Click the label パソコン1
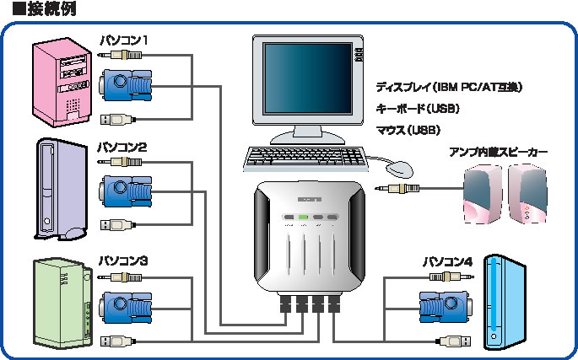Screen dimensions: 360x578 coord(124,39)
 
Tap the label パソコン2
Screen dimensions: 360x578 coord(123,147)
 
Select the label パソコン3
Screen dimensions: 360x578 coord(123,261)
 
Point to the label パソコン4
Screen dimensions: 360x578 coord(446,261)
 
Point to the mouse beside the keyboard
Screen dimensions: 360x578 coord(402,168)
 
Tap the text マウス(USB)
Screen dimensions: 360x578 coord(408,131)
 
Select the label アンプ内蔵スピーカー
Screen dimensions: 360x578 coord(498,153)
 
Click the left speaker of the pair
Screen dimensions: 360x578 coord(484,195)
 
